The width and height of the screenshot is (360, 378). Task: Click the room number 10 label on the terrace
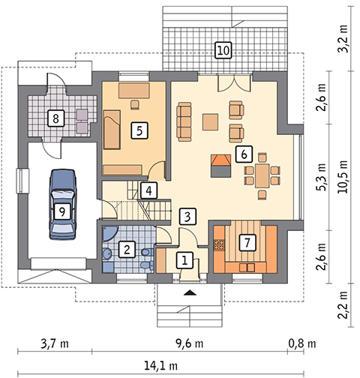pos(223,50)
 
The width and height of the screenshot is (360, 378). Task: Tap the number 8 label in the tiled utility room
pos(55,118)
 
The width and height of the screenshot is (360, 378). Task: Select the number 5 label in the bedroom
pos(139,130)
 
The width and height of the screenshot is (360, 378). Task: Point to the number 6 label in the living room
pos(244,154)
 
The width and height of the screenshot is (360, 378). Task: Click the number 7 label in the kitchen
pos(247,242)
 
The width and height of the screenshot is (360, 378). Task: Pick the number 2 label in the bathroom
pos(127,249)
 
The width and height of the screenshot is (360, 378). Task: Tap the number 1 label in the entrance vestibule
pos(184,260)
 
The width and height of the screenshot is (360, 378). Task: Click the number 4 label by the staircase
pos(148,190)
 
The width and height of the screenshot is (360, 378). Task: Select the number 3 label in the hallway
pos(187,217)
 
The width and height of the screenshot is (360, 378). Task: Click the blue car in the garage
pos(63,204)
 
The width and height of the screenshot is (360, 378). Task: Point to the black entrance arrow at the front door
pos(190,292)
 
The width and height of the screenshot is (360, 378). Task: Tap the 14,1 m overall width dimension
pos(161,366)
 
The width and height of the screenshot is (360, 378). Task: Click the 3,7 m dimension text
pos(55,344)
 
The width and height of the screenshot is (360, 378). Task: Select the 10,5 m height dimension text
pos(343,176)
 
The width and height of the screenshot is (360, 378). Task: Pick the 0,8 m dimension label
pos(302,344)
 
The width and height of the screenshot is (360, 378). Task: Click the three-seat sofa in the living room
pos(184,121)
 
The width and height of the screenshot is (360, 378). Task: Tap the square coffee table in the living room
pos(210,122)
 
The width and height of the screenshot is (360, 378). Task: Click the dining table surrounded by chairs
pos(262,175)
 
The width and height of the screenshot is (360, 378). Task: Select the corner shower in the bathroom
pos(109,233)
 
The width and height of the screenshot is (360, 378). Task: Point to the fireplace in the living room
pos(220,166)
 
